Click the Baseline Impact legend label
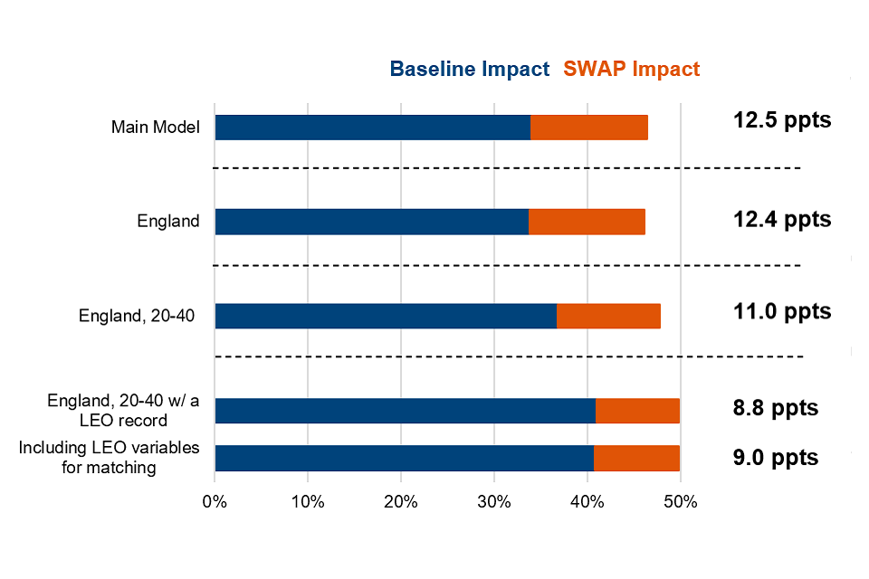(469, 69)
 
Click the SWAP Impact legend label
(631, 69)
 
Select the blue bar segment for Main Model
(372, 128)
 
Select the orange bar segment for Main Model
(588, 128)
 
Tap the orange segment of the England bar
(587, 222)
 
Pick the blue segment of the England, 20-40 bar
(386, 316)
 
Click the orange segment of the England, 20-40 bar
(608, 316)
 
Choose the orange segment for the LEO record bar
(637, 411)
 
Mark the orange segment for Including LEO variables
(636, 458)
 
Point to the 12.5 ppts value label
(781, 120)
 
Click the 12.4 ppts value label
(781, 218)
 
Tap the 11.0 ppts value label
(781, 312)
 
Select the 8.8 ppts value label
(775, 408)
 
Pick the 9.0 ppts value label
(775, 458)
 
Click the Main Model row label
(155, 128)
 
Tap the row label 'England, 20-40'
(138, 317)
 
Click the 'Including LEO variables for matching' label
(110, 458)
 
